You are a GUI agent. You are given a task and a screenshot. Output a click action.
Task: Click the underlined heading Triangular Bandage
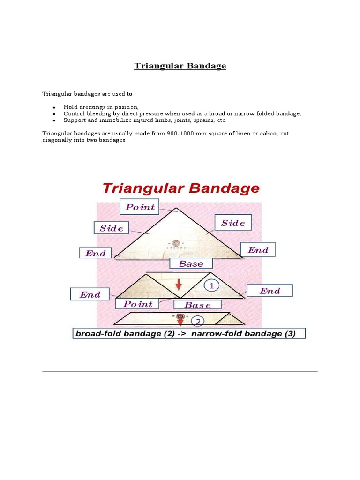coord(180,66)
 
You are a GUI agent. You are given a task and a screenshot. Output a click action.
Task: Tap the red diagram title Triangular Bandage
coord(180,189)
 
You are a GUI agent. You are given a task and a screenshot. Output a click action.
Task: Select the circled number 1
coord(211,285)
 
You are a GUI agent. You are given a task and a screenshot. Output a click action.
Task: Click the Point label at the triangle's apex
coord(140,207)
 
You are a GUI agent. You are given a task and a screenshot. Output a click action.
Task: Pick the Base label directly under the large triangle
coord(191,264)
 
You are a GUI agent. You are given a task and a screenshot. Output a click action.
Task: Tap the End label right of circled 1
coord(270,291)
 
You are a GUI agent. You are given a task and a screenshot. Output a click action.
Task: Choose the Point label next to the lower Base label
coord(138,304)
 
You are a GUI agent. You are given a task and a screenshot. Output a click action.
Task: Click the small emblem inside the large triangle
coord(176,243)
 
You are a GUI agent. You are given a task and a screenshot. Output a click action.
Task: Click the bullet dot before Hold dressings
coord(54,108)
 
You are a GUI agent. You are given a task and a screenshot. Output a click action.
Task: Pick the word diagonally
coord(58,140)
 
